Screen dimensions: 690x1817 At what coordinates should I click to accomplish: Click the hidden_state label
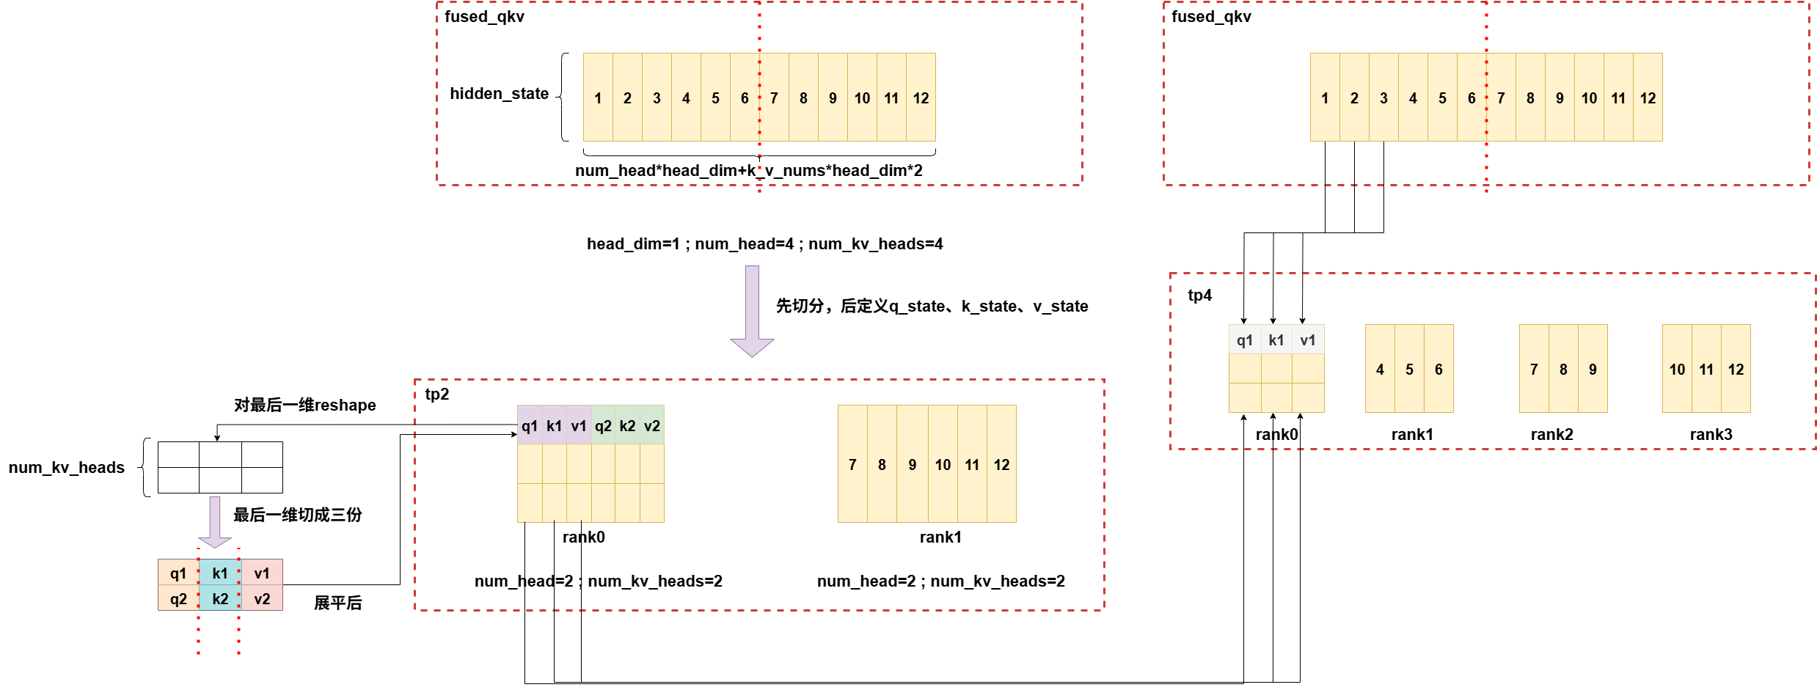pos(499,94)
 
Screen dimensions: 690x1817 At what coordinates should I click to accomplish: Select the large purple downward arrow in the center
pos(752,312)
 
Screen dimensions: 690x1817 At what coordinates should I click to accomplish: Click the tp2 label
pos(437,394)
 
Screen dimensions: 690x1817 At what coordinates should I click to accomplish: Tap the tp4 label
pos(1200,296)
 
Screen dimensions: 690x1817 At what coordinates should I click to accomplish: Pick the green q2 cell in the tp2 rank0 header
pos(603,426)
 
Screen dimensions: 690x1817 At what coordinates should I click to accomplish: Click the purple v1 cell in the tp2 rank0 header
pos(579,426)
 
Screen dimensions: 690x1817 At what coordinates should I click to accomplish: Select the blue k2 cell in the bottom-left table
pos(220,599)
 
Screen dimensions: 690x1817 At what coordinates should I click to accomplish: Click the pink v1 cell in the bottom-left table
pos(262,573)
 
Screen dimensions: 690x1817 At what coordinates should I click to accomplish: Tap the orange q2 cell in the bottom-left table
pos(178,599)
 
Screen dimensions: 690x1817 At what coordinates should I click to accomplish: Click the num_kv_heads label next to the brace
pos(67,468)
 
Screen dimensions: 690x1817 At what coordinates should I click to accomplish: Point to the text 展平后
pos(338,603)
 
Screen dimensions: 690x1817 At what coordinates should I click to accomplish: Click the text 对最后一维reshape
pos(305,405)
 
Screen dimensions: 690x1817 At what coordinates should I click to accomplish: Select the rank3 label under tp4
pos(1711,435)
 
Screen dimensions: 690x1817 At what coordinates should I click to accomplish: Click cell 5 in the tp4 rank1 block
pos(1409,370)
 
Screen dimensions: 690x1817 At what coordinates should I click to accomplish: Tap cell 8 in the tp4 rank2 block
pos(1563,370)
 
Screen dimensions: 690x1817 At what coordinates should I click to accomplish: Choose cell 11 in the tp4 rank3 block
pos(1706,370)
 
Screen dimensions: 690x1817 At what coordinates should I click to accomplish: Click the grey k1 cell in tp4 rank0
pos(1276,340)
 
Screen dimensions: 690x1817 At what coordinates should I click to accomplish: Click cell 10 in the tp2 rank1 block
pos(943,465)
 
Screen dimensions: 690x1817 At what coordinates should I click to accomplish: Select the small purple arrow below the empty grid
pos(215,522)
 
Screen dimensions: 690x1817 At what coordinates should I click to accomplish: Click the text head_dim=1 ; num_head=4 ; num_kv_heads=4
pos(764,244)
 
